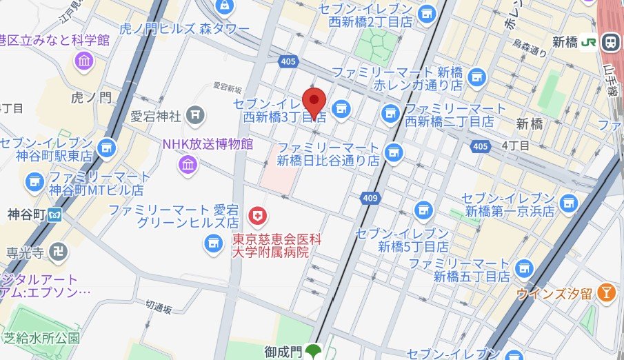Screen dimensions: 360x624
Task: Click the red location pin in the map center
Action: point(314,101)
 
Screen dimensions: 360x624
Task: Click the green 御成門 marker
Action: point(314,352)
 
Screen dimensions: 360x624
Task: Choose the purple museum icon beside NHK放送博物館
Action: point(187,164)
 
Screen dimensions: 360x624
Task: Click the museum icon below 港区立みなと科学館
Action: point(84,61)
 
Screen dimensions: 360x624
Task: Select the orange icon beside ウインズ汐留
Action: point(606,292)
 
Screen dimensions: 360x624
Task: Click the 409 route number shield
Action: point(368,199)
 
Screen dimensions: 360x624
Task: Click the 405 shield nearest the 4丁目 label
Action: point(481,146)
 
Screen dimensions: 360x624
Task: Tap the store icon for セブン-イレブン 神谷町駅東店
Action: point(106,147)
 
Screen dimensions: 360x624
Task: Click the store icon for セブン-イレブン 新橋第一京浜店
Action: point(568,202)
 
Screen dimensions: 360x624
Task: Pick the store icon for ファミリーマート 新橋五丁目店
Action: point(525,268)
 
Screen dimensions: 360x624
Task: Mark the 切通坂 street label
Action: point(159,309)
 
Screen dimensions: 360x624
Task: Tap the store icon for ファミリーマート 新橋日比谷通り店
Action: point(394,150)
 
